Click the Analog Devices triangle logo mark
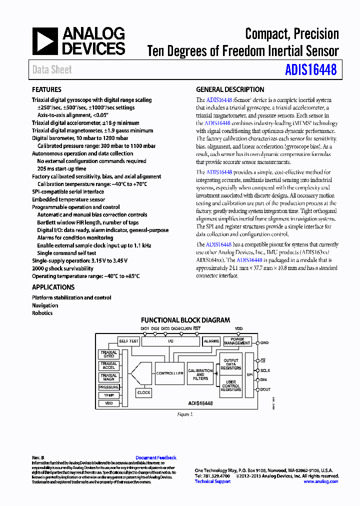click(x=45, y=41)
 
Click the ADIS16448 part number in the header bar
click(x=310, y=69)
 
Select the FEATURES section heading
click(x=46, y=89)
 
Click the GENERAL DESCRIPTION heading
click(x=230, y=89)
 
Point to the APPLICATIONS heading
click(x=53, y=287)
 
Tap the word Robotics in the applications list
click(x=42, y=313)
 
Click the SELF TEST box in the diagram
click(x=128, y=341)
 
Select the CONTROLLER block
click(x=169, y=373)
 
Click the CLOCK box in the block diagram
click(x=143, y=392)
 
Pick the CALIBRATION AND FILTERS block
click(x=200, y=374)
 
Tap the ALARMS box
click(x=211, y=341)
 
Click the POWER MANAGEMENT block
click(x=237, y=341)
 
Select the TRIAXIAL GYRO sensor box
click(x=109, y=354)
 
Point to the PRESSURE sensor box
click(x=109, y=387)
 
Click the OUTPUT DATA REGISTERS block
click(x=230, y=363)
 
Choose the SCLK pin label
click(x=265, y=370)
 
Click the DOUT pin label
click(x=265, y=389)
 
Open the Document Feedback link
click(x=156, y=457)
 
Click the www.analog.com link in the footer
click(x=321, y=481)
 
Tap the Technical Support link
click(x=212, y=481)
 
